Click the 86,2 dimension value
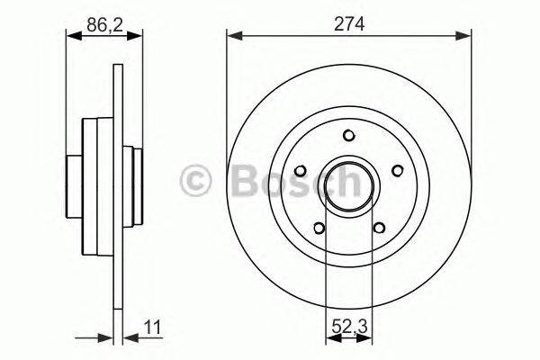tap(104, 27)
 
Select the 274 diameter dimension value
tap(348, 27)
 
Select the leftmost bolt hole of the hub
tap(301, 169)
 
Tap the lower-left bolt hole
tap(319, 227)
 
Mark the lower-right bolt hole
tap(379, 227)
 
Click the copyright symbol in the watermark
tap(196, 180)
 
